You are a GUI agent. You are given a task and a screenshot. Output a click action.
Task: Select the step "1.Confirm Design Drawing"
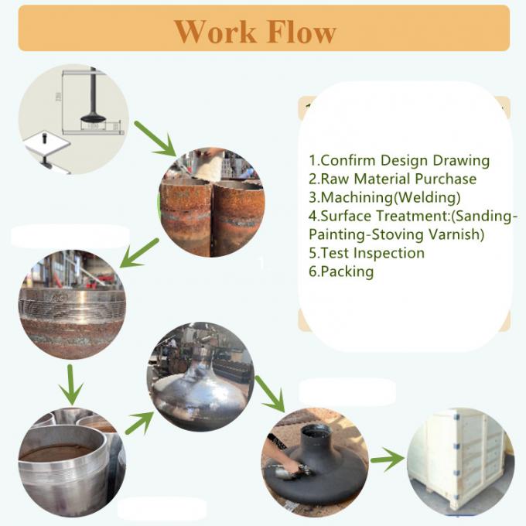point(399,161)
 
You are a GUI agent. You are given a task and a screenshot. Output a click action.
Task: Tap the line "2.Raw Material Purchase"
point(392,179)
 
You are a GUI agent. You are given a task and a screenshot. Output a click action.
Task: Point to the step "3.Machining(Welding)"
point(384,197)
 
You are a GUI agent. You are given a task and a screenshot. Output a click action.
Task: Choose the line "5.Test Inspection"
point(367,253)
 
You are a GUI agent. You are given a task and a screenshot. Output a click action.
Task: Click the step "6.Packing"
point(341,272)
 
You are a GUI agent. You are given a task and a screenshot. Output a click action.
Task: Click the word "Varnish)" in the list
point(456,234)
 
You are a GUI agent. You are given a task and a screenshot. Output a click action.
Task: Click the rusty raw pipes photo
point(211,202)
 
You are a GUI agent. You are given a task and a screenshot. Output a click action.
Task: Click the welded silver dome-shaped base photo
point(200,377)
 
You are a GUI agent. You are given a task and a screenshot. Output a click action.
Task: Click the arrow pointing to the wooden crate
point(388,461)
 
